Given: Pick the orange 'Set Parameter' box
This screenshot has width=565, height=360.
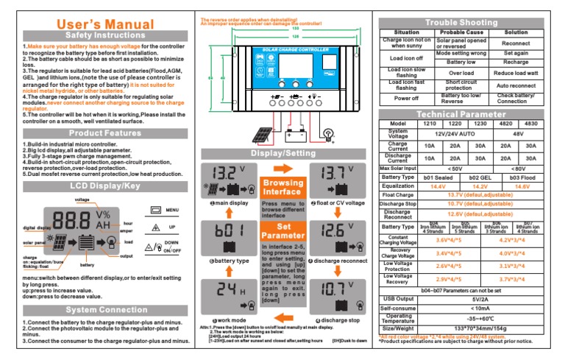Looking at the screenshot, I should tap(282, 231).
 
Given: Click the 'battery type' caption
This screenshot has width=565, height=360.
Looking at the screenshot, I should tap(230, 261).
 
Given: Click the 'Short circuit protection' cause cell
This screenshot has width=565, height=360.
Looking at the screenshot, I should tap(462, 85).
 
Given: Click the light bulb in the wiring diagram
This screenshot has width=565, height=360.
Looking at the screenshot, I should tap(330, 133).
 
